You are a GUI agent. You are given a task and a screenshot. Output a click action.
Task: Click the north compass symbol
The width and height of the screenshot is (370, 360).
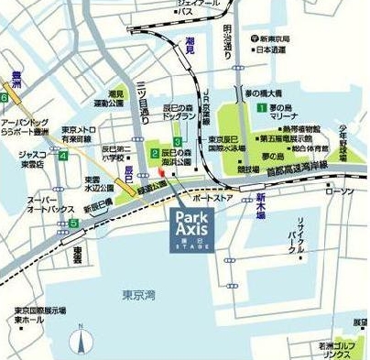tap(81, 343)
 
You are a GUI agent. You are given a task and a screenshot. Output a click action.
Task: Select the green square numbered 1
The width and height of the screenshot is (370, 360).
tap(261, 108)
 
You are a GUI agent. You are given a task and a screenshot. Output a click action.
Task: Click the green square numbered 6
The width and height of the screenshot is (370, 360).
tap(5, 96)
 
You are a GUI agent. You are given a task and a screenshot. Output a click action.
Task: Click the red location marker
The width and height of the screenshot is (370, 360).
tap(160, 171)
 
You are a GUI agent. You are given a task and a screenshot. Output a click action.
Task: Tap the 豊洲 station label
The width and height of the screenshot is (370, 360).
tap(12, 79)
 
